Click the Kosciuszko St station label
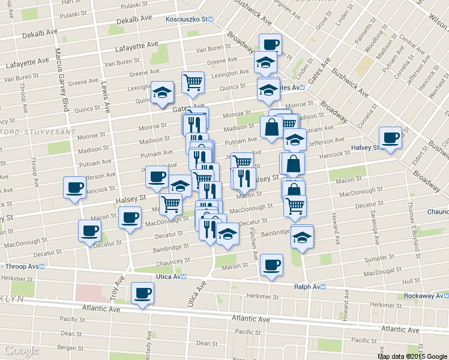[190, 19]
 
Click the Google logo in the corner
[21, 350]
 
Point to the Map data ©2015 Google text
[412, 356]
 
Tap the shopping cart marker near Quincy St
[193, 82]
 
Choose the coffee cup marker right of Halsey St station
[390, 138]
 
